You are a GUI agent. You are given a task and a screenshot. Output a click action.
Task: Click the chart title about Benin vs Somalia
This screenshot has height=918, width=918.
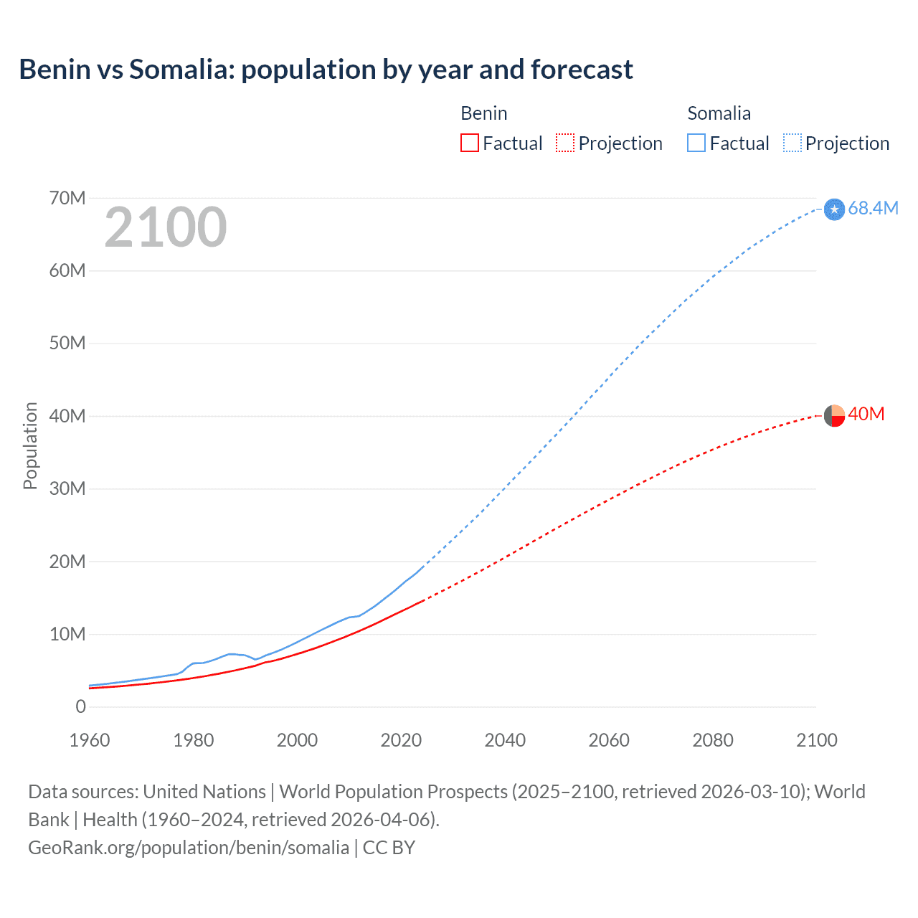(326, 70)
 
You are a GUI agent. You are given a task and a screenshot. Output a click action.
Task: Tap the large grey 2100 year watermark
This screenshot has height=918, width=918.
(166, 227)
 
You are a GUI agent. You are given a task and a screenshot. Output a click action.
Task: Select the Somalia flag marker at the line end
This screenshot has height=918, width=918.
(834, 209)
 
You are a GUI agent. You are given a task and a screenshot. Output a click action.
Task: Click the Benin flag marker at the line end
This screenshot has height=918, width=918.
(834, 415)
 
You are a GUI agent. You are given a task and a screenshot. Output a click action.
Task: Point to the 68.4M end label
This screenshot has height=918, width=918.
(873, 209)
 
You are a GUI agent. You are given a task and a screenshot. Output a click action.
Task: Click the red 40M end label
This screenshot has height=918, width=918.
(866, 415)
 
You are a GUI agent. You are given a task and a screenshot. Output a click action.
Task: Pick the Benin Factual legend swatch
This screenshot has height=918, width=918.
(470, 143)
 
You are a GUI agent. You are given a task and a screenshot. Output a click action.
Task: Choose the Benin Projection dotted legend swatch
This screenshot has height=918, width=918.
(565, 143)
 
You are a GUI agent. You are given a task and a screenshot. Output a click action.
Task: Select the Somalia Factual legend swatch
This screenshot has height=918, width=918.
(696, 143)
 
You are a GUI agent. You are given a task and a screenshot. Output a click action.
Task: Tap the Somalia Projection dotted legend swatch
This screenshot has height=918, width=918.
(792, 143)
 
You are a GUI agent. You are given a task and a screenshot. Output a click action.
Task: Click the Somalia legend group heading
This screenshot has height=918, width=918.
(719, 113)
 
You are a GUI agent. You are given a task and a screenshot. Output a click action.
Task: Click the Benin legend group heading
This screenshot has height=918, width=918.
(483, 113)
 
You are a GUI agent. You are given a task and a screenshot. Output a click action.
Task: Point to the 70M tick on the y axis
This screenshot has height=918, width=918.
(67, 198)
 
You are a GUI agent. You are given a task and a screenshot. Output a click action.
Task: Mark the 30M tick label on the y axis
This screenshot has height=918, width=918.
(67, 489)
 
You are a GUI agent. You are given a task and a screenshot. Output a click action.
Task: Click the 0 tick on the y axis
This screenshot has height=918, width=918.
(80, 707)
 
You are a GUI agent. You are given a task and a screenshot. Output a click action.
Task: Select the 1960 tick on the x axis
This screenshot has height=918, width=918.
(90, 740)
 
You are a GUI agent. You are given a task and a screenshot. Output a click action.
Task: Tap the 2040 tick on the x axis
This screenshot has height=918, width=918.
(505, 740)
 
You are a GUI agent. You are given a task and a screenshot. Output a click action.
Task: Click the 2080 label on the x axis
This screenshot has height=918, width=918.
(713, 740)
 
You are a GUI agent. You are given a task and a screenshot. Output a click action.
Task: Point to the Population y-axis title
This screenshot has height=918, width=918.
(30, 445)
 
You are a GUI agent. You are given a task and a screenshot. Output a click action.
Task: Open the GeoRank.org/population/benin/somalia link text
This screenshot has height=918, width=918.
(189, 848)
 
